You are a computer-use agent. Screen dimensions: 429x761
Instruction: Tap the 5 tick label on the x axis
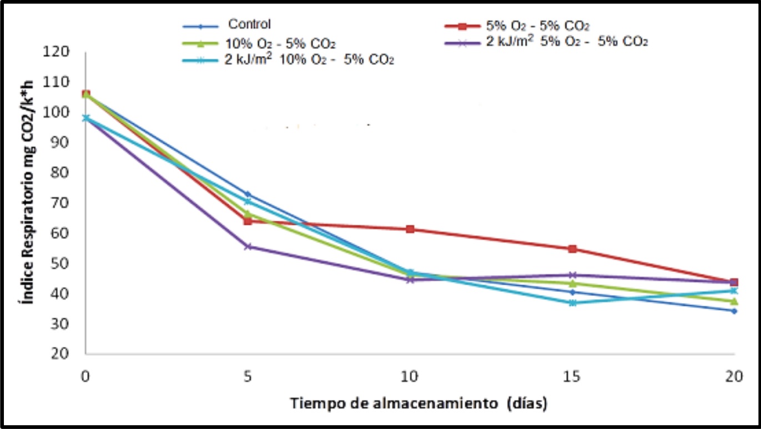pos(248,377)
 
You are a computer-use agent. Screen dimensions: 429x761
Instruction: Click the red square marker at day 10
pos(410,229)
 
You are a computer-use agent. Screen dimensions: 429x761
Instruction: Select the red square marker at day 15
pos(572,249)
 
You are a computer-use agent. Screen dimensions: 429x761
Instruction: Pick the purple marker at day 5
pos(248,246)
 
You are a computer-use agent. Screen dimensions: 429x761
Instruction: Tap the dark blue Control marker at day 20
pos(734,311)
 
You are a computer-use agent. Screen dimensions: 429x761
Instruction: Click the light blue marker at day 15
pos(572,303)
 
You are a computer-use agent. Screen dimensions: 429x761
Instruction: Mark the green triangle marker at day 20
pos(734,301)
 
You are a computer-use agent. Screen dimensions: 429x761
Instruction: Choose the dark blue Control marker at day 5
pos(248,194)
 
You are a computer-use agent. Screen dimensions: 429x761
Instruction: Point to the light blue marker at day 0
pos(86,118)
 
